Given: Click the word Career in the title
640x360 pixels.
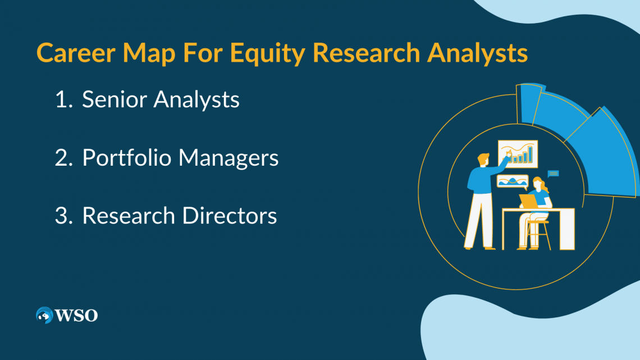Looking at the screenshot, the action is pyautogui.click(x=76, y=53).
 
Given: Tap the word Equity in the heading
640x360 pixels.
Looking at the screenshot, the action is pyautogui.click(x=267, y=54).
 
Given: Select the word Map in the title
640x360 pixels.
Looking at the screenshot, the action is pyautogui.click(x=149, y=54).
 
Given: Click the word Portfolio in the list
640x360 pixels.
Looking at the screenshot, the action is pyautogui.click(x=126, y=158).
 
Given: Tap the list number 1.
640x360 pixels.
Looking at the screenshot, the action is pyautogui.click(x=63, y=99).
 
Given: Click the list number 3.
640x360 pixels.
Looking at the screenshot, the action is pyautogui.click(x=63, y=216).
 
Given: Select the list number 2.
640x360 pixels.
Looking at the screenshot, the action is pyautogui.click(x=63, y=158).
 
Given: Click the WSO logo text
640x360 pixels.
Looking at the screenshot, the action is pyautogui.click(x=76, y=316).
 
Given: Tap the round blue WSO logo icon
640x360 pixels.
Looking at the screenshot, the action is pyautogui.click(x=44, y=315).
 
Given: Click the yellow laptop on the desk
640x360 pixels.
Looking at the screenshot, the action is pyautogui.click(x=528, y=201).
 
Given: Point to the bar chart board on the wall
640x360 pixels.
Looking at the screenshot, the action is pyautogui.click(x=518, y=154).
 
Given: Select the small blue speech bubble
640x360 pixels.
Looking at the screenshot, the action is pyautogui.click(x=553, y=174).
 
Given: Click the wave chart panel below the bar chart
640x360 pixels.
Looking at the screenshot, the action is pyautogui.click(x=513, y=181).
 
